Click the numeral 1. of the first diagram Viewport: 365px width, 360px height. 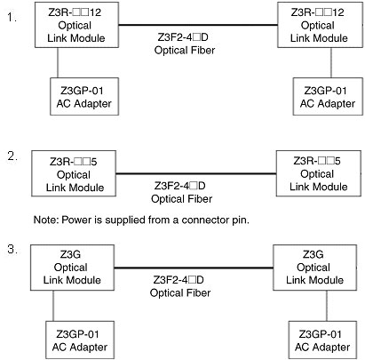pyautogui.click(x=12, y=18)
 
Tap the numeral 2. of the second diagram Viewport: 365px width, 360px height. pyautogui.click(x=12, y=156)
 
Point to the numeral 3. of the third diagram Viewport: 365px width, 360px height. pyautogui.click(x=12, y=249)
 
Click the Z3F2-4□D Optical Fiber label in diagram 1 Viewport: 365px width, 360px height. pyautogui.click(x=184, y=44)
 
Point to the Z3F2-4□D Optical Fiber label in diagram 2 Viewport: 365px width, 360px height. pyautogui.click(x=181, y=192)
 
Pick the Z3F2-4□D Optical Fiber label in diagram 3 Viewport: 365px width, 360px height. pyautogui.click(x=180, y=286)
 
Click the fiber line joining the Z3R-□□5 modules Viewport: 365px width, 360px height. pyautogui.click(x=196, y=173)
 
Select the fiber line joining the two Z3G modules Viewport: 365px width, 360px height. pyautogui.click(x=194, y=268)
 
